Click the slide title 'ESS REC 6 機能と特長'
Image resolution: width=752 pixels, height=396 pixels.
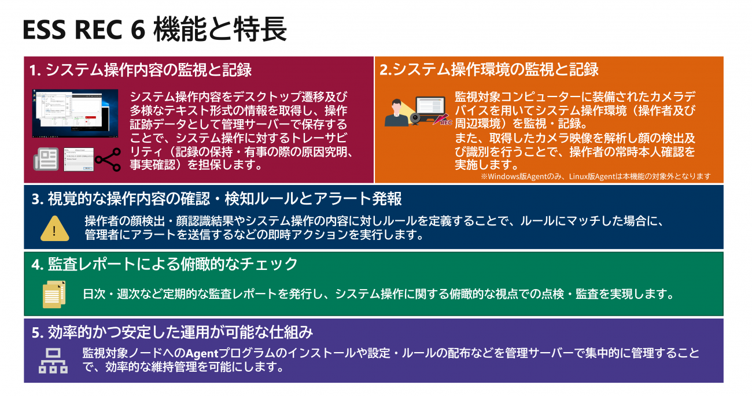[155, 30]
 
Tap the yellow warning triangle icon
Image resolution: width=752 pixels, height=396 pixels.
[55, 228]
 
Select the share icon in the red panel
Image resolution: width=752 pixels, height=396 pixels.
[108, 160]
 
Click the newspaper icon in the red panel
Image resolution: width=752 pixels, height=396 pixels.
[46, 159]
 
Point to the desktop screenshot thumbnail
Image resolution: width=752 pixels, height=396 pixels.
[75, 113]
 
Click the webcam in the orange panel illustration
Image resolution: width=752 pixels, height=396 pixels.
[415, 119]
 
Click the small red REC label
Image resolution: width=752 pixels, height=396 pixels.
[446, 123]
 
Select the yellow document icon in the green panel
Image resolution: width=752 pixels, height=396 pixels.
[54, 294]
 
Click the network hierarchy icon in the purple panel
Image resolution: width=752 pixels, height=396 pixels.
[53, 361]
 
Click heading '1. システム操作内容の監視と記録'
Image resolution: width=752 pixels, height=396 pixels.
[141, 70]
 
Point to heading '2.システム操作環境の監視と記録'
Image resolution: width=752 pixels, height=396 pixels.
[489, 69]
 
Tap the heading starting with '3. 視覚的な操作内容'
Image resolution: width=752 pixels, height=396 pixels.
[216, 199]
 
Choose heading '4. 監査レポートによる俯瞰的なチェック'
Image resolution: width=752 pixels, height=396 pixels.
[164, 264]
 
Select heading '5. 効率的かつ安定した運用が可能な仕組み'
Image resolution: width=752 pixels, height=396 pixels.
[172, 332]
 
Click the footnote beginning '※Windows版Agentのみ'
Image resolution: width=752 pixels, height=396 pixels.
[596, 176]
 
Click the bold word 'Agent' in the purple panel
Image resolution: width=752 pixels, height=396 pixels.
[202, 354]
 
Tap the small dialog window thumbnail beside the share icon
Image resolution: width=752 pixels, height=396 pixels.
[79, 160]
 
